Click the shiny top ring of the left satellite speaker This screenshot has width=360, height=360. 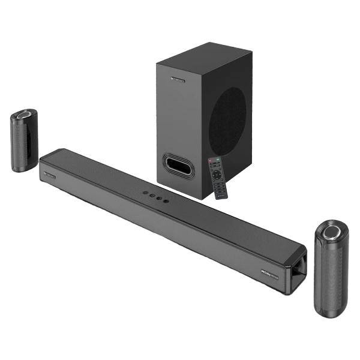click(25, 114)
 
